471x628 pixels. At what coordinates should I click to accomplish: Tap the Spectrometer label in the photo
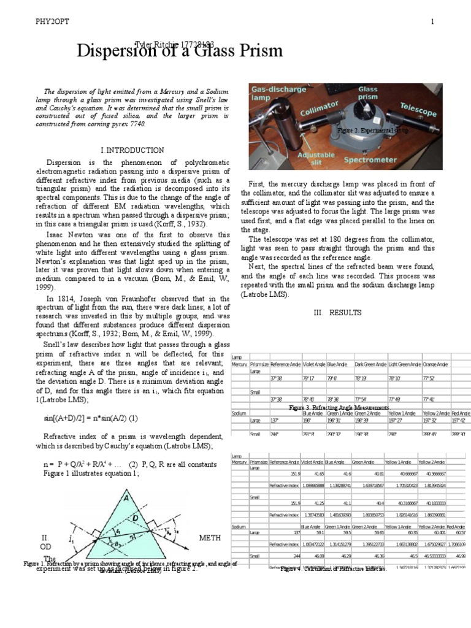(369, 160)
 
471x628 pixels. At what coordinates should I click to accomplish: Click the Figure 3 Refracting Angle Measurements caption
(341, 407)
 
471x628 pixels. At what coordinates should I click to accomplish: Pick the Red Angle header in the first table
(461, 414)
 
